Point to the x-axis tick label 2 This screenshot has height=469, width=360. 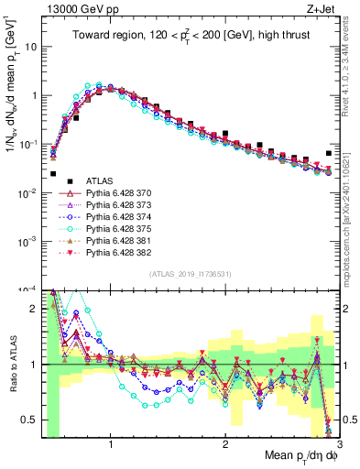(225, 441)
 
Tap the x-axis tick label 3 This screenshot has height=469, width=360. (339, 441)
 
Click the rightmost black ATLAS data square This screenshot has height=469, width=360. (329, 153)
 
